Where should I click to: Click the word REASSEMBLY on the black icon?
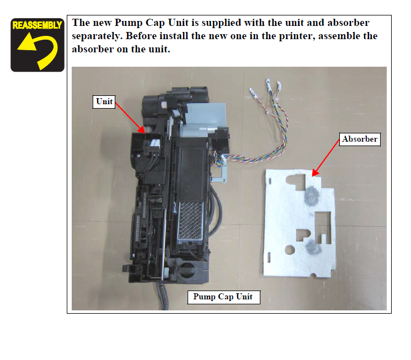[37, 25]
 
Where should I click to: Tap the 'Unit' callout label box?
[104, 101]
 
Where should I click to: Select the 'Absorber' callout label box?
[360, 139]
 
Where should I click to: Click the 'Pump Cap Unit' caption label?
[223, 297]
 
